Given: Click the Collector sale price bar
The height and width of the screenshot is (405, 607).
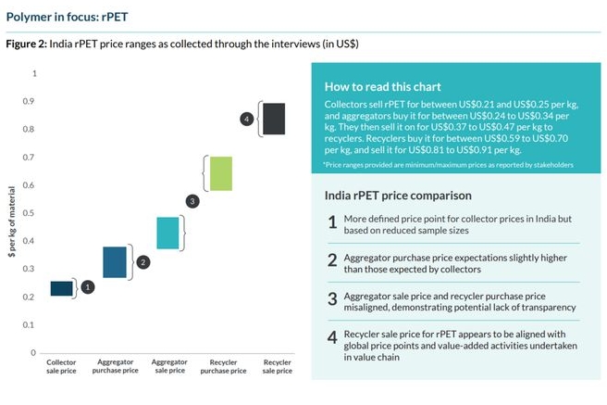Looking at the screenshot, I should click(61, 288).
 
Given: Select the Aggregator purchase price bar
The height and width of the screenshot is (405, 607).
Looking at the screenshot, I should click(114, 262).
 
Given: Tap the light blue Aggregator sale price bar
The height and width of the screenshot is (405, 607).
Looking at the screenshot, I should click(167, 233).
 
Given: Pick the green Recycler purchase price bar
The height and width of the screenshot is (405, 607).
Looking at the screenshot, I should click(220, 173).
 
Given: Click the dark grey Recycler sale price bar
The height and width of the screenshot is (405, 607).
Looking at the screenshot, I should click(273, 119).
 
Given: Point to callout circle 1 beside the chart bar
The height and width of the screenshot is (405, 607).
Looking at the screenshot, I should click(88, 287).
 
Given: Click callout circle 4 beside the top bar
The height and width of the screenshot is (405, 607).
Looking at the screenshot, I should click(246, 119).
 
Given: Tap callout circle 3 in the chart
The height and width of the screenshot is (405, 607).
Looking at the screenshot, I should click(192, 200).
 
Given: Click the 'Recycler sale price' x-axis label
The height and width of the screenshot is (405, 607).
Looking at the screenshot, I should click(274, 365).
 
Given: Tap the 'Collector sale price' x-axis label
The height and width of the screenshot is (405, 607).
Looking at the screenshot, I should click(62, 365).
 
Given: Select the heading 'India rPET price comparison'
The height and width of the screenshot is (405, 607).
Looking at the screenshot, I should click(398, 196).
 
